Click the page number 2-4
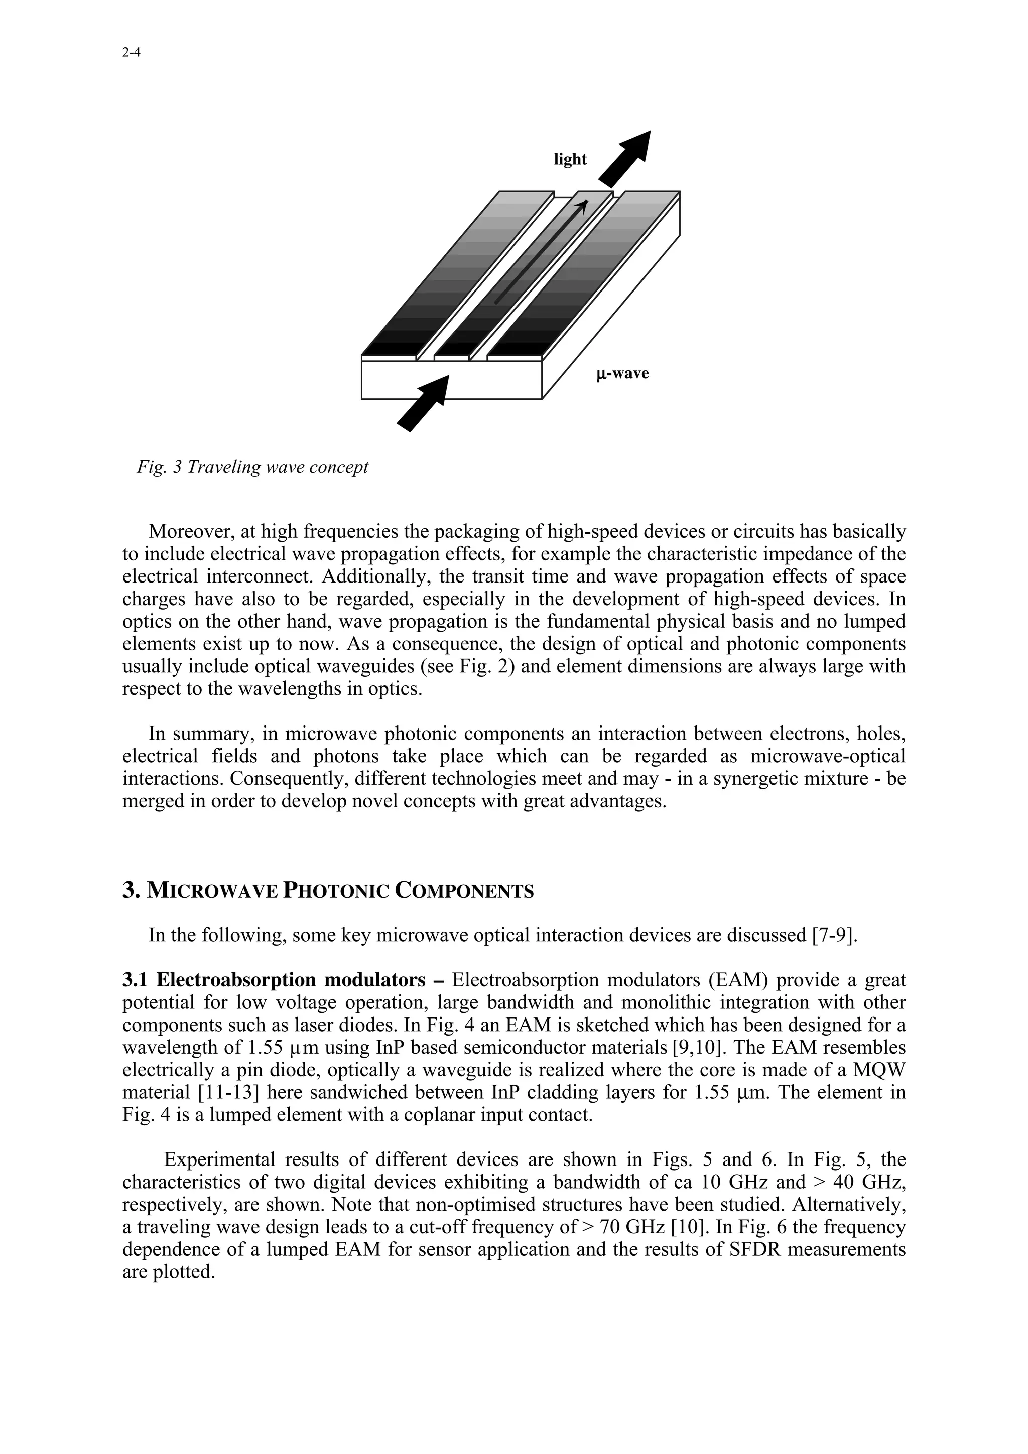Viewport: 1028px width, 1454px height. tap(131, 53)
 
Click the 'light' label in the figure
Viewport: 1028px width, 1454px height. tap(570, 159)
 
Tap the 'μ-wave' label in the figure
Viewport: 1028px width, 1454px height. tap(622, 374)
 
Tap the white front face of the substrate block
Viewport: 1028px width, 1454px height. tap(451, 380)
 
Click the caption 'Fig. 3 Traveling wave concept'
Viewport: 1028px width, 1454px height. tap(252, 468)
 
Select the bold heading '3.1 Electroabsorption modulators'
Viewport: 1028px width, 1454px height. tap(273, 980)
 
